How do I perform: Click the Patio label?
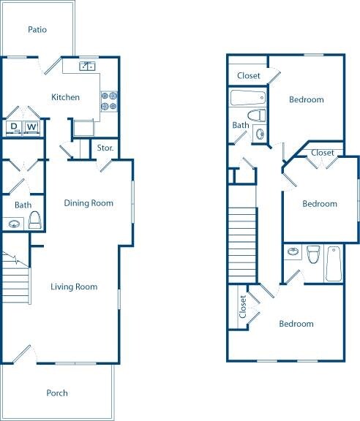(37, 29)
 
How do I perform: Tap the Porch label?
(57, 393)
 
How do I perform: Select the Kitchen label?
(65, 97)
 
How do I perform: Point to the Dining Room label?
(89, 203)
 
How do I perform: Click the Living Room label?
(74, 287)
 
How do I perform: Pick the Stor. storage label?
(105, 148)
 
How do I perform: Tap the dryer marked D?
(14, 126)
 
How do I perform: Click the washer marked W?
(31, 126)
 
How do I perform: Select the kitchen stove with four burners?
(109, 102)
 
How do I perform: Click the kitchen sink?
(87, 66)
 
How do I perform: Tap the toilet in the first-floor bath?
(34, 220)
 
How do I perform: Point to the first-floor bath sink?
(14, 224)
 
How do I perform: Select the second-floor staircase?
(242, 245)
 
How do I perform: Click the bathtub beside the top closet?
(248, 98)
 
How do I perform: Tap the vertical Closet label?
(243, 307)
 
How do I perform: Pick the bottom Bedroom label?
(296, 324)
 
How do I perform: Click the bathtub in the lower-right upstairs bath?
(334, 264)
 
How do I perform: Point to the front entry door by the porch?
(21, 354)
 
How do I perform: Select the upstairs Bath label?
(241, 125)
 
